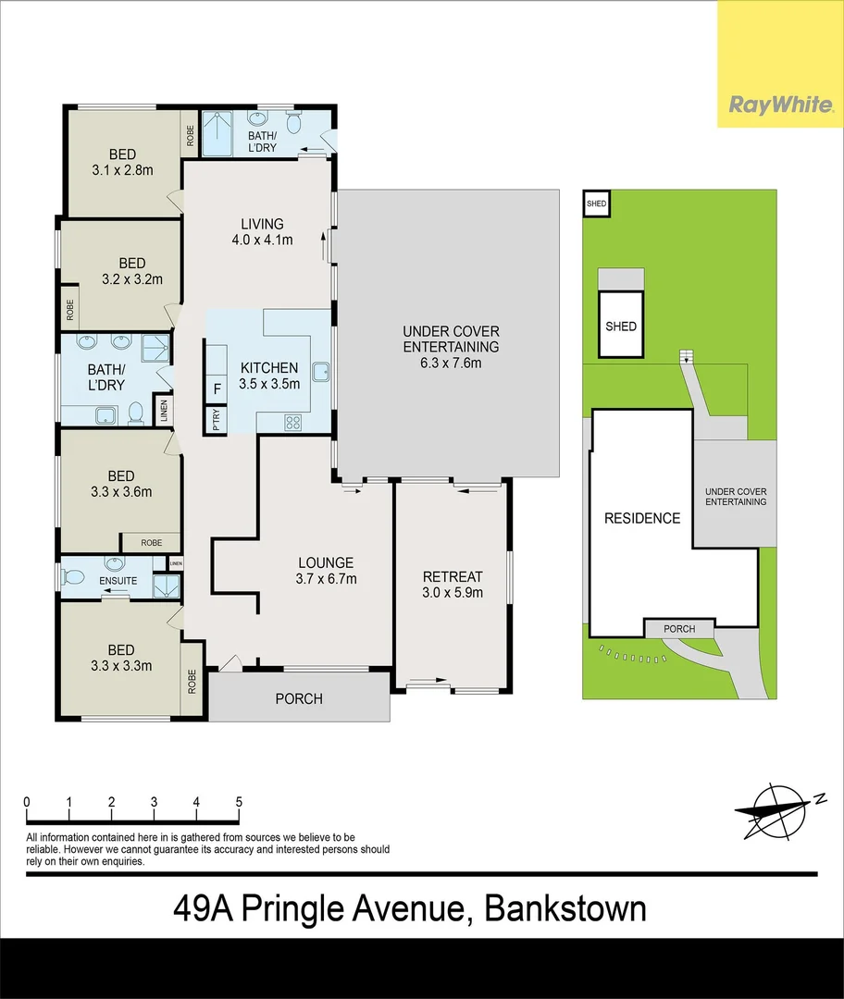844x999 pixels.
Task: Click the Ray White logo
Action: pyautogui.click(x=780, y=104)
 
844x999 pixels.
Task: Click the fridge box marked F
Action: pyautogui.click(x=217, y=388)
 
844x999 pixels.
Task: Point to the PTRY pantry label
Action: pyautogui.click(x=217, y=421)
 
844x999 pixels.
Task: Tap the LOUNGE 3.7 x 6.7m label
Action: pyautogui.click(x=326, y=571)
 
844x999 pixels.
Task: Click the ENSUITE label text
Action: pyautogui.click(x=119, y=581)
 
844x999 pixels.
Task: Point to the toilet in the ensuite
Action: pyautogui.click(x=74, y=577)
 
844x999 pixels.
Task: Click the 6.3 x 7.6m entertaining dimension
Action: pyautogui.click(x=451, y=363)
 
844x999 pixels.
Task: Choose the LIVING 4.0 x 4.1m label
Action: pyautogui.click(x=262, y=232)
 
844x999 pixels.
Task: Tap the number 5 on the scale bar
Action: pyautogui.click(x=239, y=802)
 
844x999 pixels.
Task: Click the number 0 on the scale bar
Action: pyautogui.click(x=28, y=802)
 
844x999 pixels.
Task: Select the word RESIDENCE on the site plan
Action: pyautogui.click(x=641, y=518)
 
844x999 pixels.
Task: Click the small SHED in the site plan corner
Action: pyautogui.click(x=596, y=203)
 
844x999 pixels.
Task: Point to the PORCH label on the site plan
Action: pyautogui.click(x=679, y=629)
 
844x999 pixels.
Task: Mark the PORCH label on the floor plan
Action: pyautogui.click(x=299, y=698)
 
